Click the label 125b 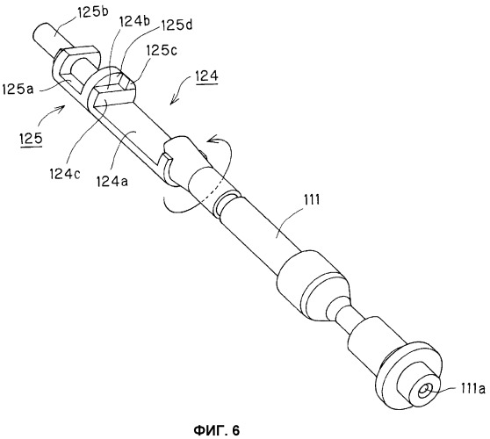tap(93, 13)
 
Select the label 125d tap(177, 25)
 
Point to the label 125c tap(162, 50)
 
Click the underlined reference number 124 tap(207, 76)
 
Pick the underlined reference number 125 tap(31, 139)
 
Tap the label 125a tap(18, 90)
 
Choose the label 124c tap(65, 174)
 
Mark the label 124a tap(112, 181)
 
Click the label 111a tap(472, 389)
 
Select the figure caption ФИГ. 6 tap(217, 430)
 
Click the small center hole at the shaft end tap(425, 390)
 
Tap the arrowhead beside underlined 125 tap(61, 108)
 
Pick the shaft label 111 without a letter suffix tap(311, 200)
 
